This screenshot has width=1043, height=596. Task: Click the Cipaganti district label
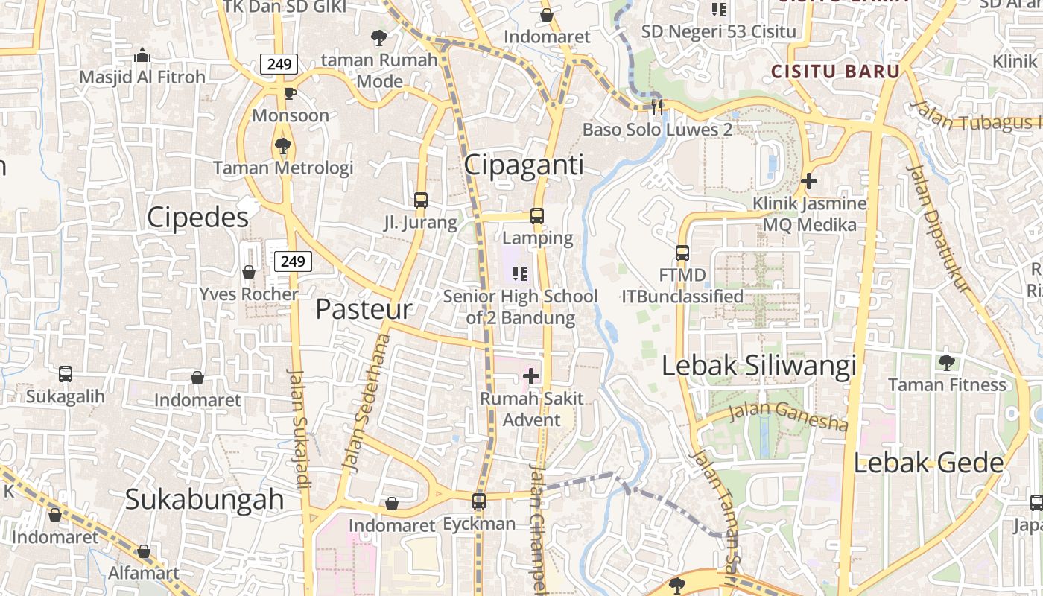524,165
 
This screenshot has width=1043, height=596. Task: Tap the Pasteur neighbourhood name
364,309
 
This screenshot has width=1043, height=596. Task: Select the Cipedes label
197,218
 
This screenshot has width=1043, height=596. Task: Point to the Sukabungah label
204,499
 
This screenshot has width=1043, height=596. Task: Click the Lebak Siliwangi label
759,366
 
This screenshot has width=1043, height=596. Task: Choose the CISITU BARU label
835,72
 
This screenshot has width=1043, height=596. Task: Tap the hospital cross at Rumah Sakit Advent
531,376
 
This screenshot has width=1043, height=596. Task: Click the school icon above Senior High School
520,274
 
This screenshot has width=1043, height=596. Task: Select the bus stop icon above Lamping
537,216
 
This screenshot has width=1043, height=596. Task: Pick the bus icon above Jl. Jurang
421,200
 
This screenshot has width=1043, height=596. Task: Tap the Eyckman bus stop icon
479,501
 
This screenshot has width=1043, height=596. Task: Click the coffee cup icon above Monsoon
290,93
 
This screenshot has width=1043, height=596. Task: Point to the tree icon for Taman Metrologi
282,145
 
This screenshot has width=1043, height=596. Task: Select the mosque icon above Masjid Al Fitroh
142,55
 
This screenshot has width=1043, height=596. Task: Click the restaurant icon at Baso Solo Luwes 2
657,107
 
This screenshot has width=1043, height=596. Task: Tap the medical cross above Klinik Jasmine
809,180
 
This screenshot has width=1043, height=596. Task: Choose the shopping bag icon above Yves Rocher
249,272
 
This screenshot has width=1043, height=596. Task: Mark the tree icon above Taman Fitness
947,363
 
